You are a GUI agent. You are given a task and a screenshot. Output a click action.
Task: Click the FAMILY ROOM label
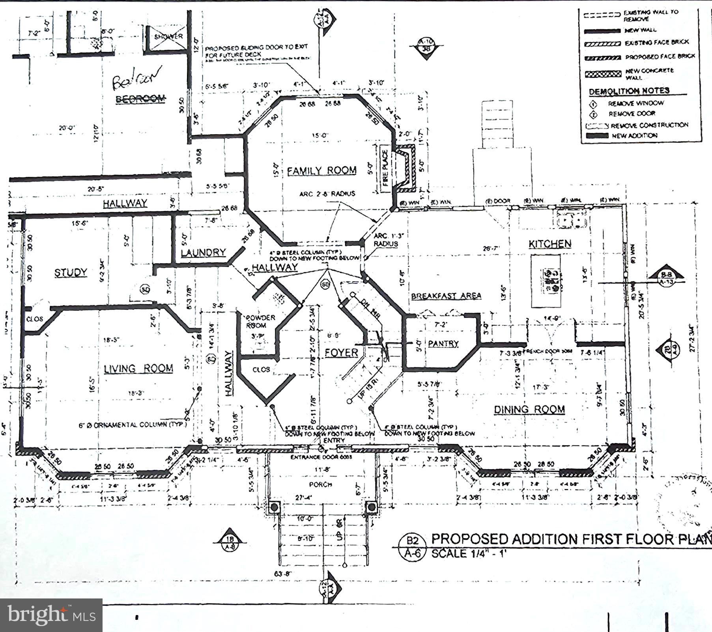pos(321,170)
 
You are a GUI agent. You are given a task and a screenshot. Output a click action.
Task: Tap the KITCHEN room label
pos(549,244)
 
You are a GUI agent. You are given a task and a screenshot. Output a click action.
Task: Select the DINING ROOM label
pos(529,409)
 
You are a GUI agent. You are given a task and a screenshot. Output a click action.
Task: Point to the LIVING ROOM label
pos(138,368)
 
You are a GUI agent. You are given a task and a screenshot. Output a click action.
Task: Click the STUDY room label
pos(71,273)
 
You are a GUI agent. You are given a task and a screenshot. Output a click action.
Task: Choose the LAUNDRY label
pos(203,252)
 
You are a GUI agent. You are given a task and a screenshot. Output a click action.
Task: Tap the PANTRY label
pos(443,344)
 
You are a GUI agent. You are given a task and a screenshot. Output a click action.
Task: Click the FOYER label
pos(341,352)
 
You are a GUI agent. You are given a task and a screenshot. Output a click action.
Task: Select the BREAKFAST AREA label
pos(446,296)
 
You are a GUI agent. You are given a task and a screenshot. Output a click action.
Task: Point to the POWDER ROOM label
pos(260,321)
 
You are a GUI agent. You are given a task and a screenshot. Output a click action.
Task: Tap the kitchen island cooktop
pos(551,280)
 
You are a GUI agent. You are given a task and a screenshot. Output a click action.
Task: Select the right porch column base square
pos(371,507)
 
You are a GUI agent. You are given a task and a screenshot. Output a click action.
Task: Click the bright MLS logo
pos(51,615)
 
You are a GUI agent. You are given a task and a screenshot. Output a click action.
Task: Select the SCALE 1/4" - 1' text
pos(468,553)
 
